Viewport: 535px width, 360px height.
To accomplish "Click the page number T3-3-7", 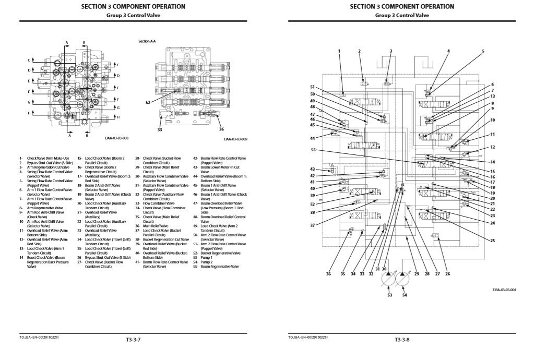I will tap(134, 340).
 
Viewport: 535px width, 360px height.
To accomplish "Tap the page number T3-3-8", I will tap(402, 340).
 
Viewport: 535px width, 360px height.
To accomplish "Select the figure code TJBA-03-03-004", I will tap(504, 290).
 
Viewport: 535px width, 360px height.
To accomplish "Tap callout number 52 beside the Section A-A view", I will tap(148, 102).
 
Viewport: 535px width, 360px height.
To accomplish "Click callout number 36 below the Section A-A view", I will tap(221, 129).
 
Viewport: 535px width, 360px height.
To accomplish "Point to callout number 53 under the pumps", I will tap(389, 295).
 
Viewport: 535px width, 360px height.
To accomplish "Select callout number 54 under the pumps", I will tap(405, 295).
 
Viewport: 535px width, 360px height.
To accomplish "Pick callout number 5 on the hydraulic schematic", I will tap(483, 51).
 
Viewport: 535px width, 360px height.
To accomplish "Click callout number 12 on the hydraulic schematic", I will tap(492, 147).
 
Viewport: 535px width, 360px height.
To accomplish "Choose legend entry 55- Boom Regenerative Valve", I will tap(216, 266).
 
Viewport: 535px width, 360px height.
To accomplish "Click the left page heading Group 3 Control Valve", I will tap(133, 15).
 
